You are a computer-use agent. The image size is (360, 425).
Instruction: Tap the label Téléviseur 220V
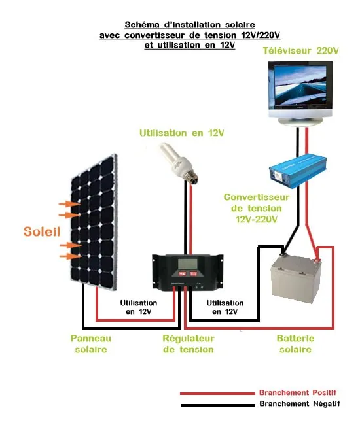[x=301, y=50]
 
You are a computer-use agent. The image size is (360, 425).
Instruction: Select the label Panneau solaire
[x=90, y=344]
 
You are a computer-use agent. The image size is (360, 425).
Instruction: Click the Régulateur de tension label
[x=188, y=344]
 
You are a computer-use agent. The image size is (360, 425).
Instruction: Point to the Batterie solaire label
[x=296, y=344]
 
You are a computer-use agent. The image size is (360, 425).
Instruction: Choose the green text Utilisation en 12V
[x=181, y=133]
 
